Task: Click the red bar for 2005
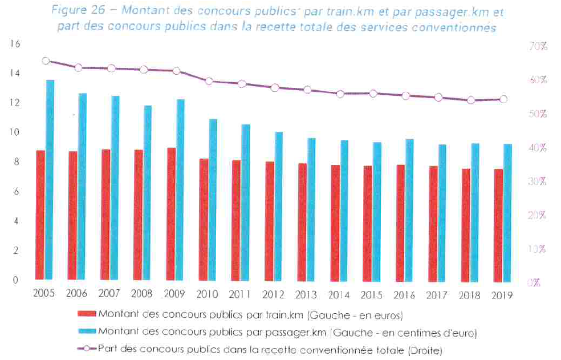40,215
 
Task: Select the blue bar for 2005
50,180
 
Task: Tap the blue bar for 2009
181,189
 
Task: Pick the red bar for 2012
269,221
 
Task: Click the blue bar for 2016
409,210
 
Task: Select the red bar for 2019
498,225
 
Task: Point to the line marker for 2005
46,61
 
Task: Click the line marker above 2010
209,82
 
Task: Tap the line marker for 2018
471,100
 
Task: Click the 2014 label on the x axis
339,295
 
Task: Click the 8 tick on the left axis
17,162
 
